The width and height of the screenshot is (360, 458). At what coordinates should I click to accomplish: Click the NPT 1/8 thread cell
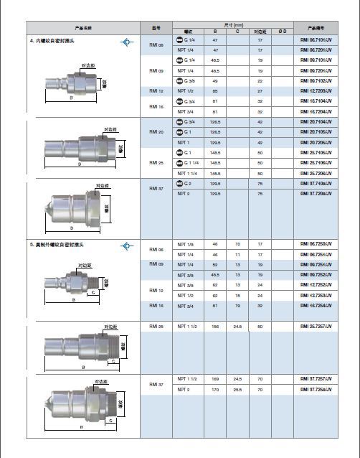tap(186, 244)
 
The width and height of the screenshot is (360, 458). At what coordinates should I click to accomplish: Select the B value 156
tap(215, 327)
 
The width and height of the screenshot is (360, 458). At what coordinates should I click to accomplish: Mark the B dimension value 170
tap(215, 388)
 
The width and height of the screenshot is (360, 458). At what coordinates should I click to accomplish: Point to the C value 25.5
tap(237, 388)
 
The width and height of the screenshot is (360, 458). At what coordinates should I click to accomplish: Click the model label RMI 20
tap(156, 132)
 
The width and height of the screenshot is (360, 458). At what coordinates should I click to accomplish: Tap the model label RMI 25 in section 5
tap(156, 327)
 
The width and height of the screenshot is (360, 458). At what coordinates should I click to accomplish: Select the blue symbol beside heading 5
tap(127, 246)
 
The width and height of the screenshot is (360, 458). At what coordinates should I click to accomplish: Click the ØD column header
tap(282, 32)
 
